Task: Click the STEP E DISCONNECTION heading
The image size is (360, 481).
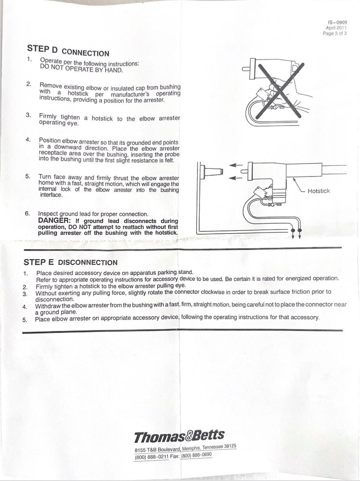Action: [70, 262]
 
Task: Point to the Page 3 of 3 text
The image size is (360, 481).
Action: [335, 34]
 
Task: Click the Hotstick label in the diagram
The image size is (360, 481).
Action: [318, 191]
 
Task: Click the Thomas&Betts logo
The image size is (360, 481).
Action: [179, 436]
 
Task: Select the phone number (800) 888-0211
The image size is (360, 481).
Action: [149, 456]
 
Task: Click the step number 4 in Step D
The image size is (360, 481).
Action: [28, 139]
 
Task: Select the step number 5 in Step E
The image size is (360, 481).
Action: [25, 319]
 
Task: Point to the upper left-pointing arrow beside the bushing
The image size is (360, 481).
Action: [235, 166]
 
